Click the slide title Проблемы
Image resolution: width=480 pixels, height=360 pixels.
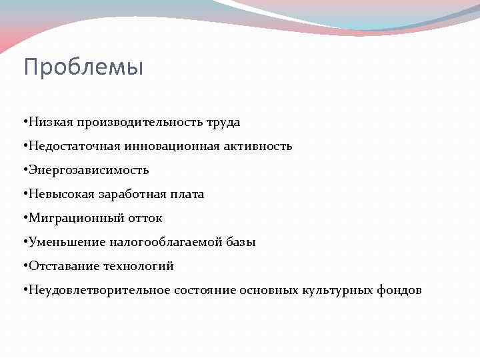point(83,67)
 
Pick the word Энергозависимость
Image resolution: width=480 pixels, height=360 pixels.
point(87,171)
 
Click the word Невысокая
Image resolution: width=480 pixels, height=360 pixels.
point(61,195)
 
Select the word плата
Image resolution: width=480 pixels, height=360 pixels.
point(187,195)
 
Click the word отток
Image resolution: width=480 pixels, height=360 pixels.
point(145,219)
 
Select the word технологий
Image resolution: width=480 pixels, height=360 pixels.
point(139,267)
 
